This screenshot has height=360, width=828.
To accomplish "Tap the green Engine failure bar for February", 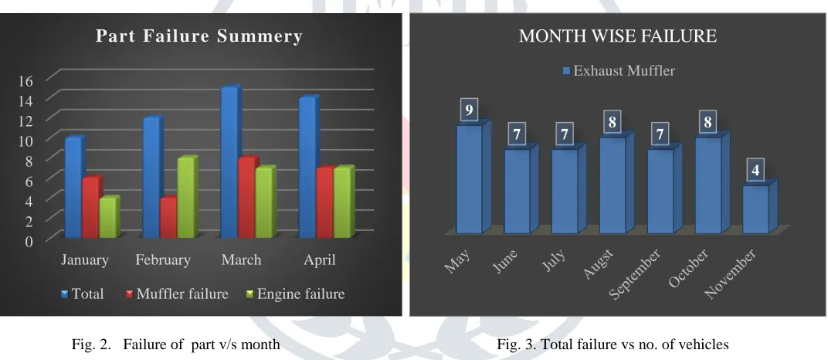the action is [x=188, y=197].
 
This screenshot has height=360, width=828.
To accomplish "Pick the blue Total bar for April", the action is [x=309, y=167].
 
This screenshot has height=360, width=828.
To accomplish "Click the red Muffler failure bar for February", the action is [x=169, y=217].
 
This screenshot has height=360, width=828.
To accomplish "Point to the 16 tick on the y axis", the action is [x=26, y=80].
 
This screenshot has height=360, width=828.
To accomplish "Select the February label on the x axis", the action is [x=163, y=260].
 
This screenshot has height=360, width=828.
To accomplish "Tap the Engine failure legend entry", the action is [x=296, y=294].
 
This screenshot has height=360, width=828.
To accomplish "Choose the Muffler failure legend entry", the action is [x=177, y=294].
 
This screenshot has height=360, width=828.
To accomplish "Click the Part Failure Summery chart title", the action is [x=199, y=36].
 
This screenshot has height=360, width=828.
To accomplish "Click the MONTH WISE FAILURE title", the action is [x=618, y=36].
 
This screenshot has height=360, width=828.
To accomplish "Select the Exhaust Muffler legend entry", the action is [x=619, y=71].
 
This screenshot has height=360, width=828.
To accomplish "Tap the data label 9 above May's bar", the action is [x=469, y=110].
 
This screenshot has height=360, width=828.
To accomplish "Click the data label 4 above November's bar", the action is [x=755, y=171].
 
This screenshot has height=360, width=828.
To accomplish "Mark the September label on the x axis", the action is [x=635, y=274].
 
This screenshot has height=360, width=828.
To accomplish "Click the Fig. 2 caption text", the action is [x=176, y=345].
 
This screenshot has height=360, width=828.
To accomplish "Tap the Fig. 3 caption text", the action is [x=613, y=345].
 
